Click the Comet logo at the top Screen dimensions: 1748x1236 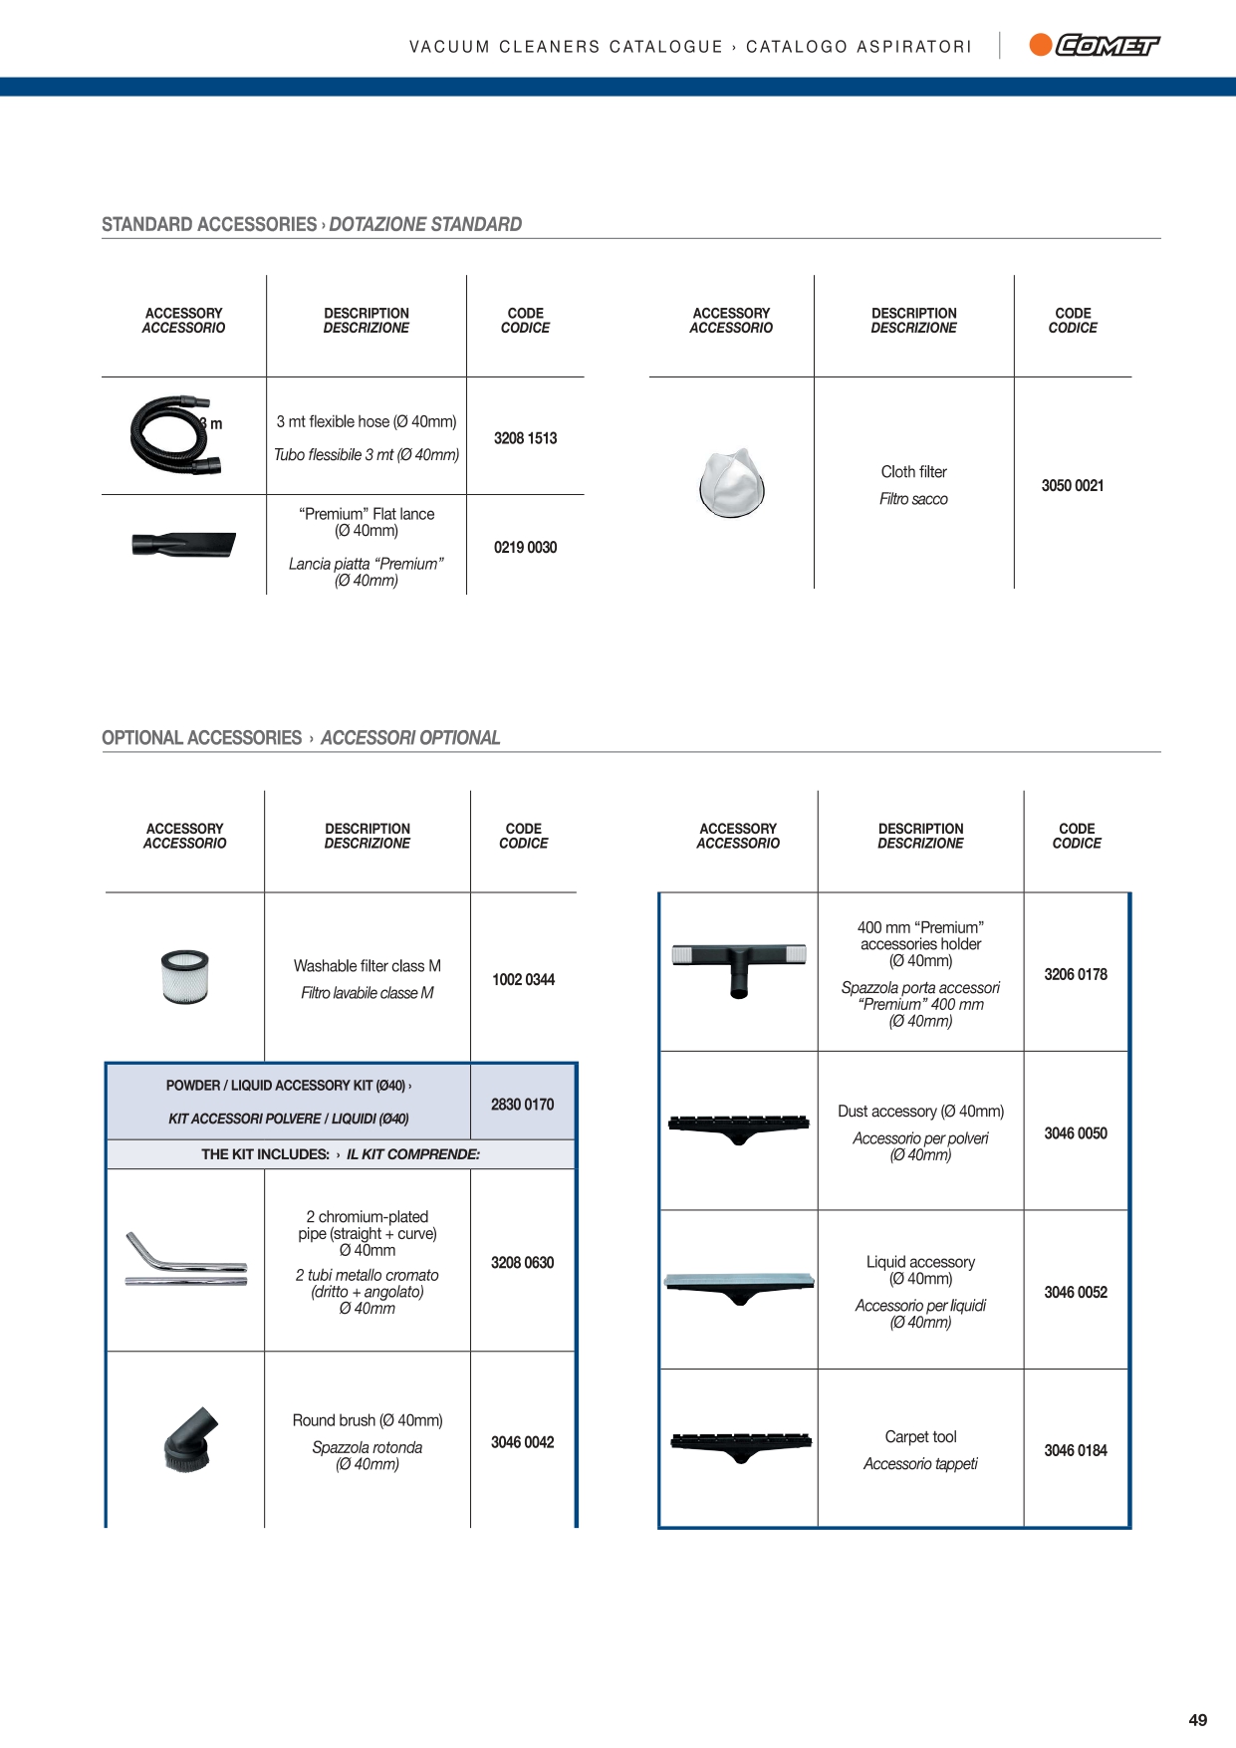coord(1095,45)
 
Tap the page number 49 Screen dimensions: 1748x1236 coord(1197,1720)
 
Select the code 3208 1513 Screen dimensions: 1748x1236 coord(525,438)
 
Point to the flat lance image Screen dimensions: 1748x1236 coord(183,545)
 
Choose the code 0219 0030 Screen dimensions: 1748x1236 coord(525,548)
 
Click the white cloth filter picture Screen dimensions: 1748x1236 coord(732,483)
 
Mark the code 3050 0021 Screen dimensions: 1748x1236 coord(1072,486)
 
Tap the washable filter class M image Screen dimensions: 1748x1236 coord(184,976)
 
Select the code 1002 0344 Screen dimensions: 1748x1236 coord(523,980)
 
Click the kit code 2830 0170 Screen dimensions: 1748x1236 coord(522,1105)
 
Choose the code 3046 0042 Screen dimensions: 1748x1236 coord(522,1442)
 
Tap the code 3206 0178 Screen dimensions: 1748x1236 coord(1075,975)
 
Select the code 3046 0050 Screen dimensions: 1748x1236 coord(1075,1133)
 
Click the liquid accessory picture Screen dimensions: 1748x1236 coord(738,1287)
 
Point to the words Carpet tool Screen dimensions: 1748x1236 coord(920,1437)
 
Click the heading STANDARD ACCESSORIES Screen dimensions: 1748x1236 coord(209,225)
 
